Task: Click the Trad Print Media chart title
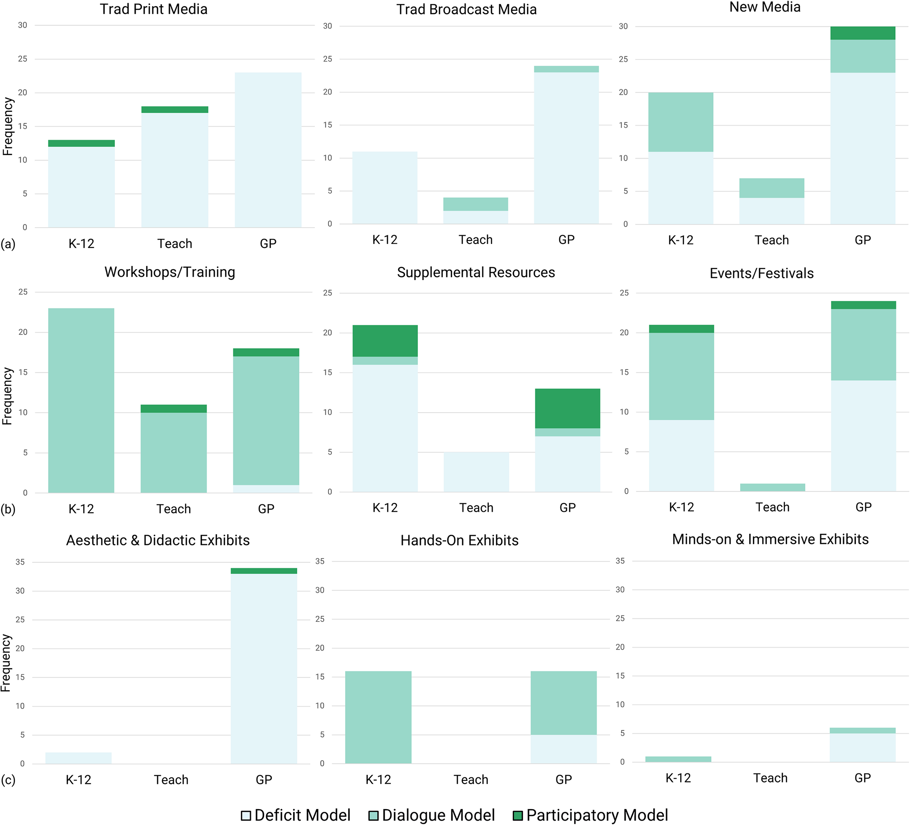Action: [x=154, y=9]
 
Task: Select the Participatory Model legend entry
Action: [x=590, y=815]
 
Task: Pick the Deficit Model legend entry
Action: [x=296, y=815]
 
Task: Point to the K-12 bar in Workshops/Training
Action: [x=81, y=400]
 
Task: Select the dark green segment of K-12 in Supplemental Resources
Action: [x=385, y=341]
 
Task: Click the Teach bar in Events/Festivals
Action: [x=772, y=487]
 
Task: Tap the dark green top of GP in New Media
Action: [x=862, y=33]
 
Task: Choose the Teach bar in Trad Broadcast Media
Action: [x=475, y=211]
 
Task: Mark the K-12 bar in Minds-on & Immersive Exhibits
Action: [x=678, y=759]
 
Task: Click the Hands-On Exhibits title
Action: [x=460, y=540]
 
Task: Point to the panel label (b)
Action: [x=7, y=509]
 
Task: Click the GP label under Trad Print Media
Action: [x=268, y=244]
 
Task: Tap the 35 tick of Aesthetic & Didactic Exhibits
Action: [x=20, y=562]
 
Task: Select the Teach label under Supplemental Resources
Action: [x=476, y=507]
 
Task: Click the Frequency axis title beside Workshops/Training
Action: [x=7, y=396]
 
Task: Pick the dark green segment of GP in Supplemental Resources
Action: [x=567, y=408]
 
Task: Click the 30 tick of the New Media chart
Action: [x=623, y=26]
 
